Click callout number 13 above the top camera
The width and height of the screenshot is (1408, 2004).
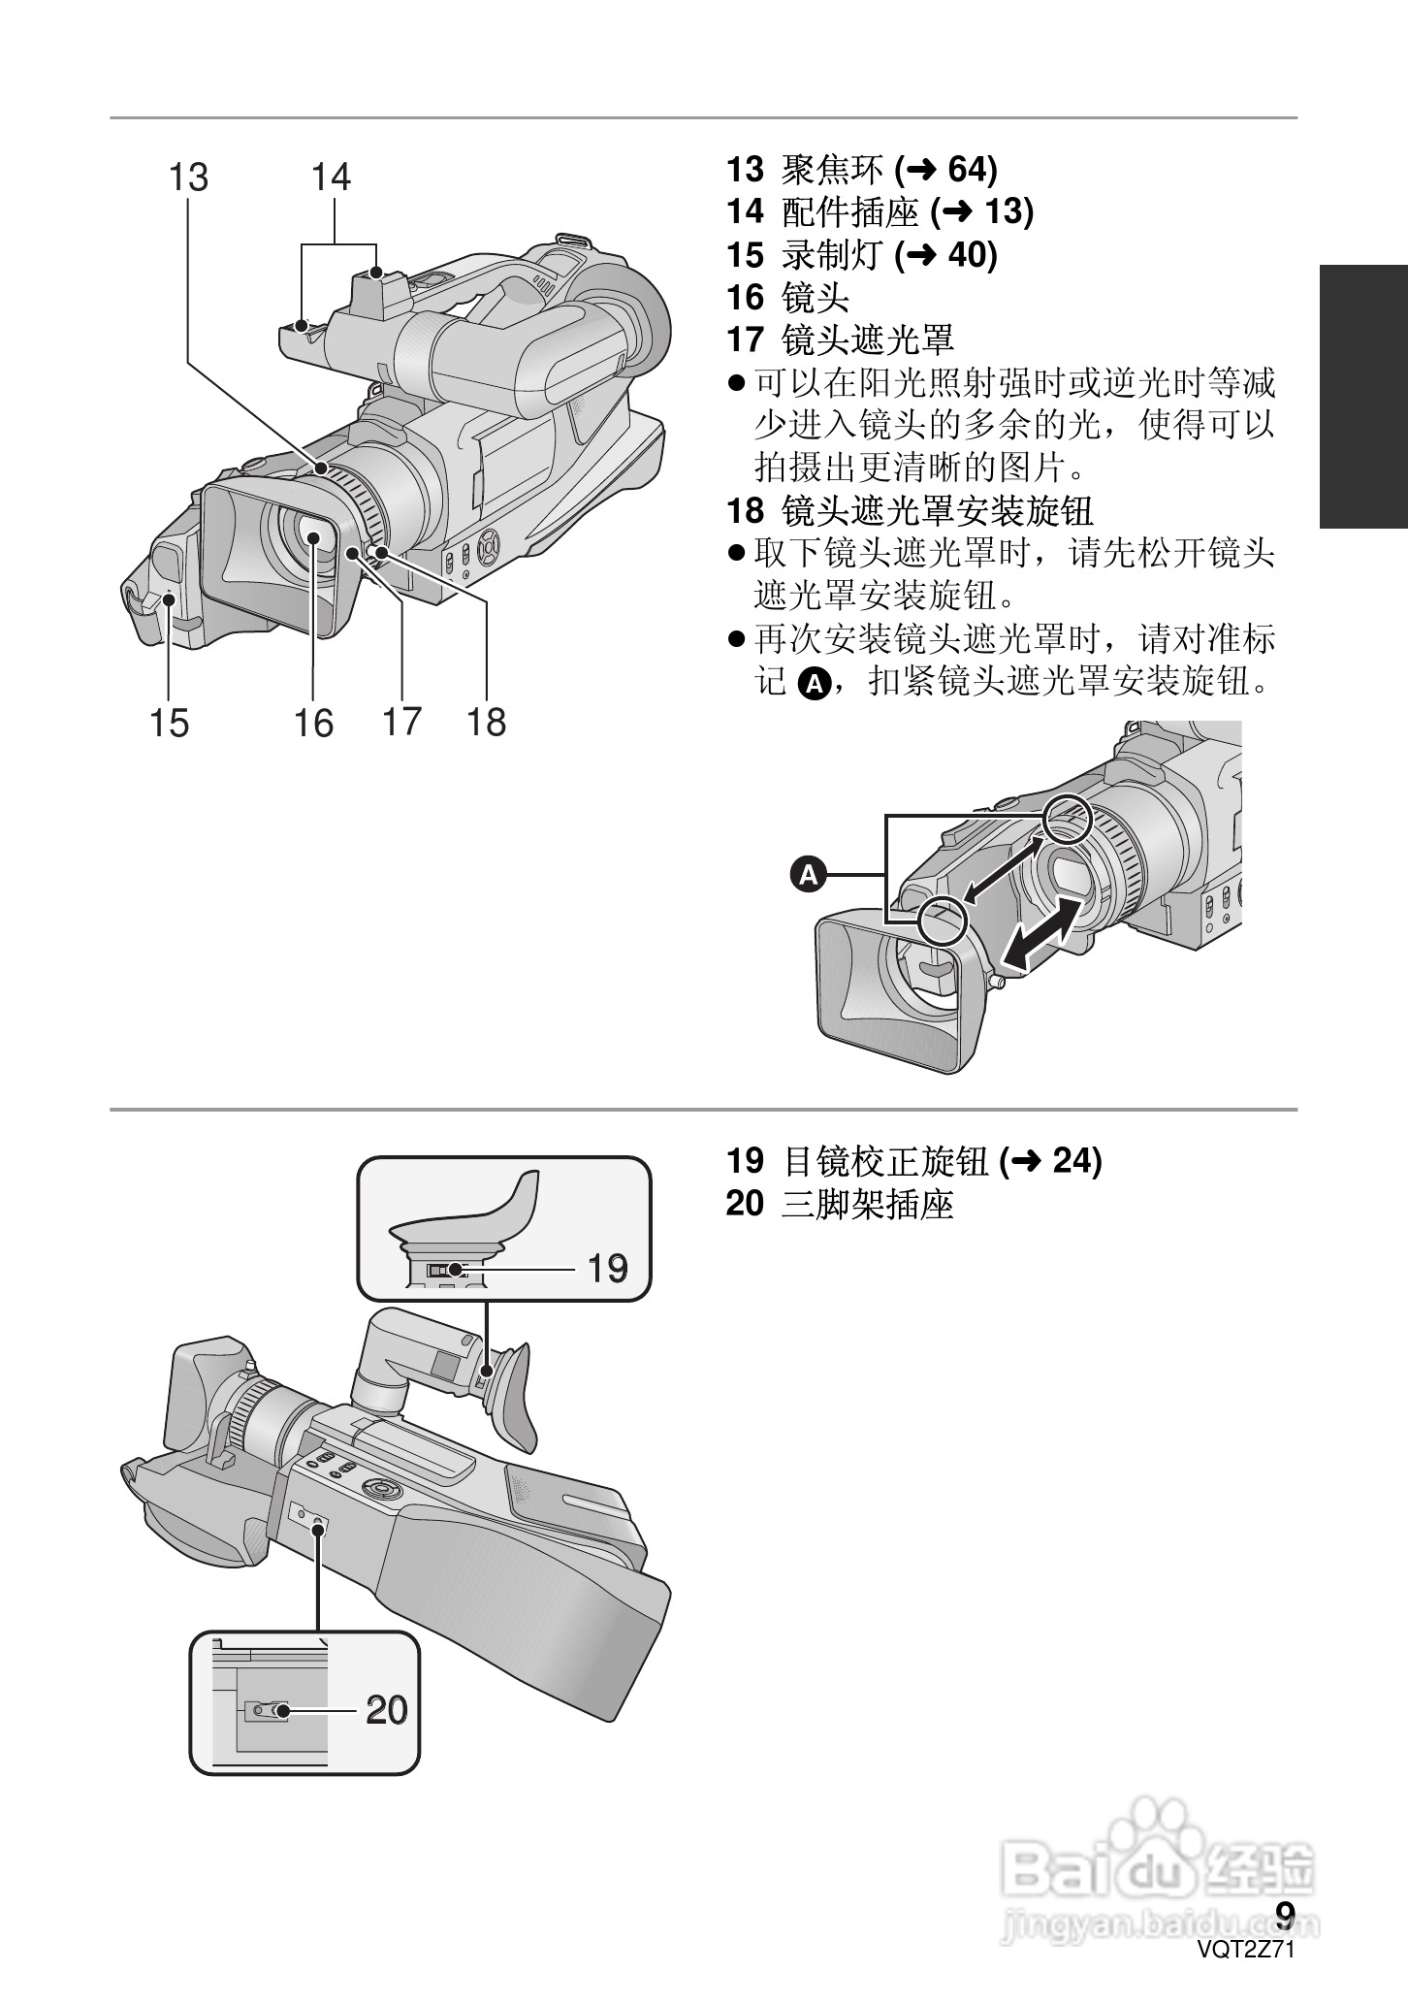(189, 178)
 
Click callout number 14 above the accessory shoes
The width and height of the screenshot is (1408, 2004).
(331, 178)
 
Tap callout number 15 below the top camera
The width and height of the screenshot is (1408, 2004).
(169, 723)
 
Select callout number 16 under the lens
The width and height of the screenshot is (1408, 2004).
(313, 723)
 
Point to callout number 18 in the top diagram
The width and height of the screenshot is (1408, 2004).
(486, 723)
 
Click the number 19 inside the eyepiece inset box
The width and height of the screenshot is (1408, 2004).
(607, 1269)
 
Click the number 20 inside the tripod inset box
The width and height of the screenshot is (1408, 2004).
(386, 1710)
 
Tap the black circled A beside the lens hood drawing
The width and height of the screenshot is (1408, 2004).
(809, 875)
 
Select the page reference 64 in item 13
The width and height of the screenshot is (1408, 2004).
(964, 170)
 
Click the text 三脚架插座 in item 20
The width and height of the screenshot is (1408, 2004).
(867, 1204)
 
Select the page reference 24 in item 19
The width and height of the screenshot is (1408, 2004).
(1072, 1160)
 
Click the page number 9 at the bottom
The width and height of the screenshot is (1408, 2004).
(1285, 1915)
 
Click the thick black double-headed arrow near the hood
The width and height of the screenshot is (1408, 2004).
(1041, 931)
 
